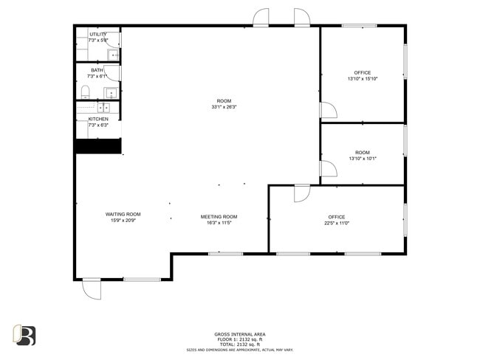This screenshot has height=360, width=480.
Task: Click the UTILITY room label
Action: [98, 34]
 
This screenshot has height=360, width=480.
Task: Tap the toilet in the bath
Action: [85, 92]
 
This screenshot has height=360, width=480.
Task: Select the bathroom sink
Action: [111, 93]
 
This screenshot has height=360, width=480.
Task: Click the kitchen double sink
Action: [103, 108]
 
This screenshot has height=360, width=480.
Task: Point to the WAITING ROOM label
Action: [123, 215]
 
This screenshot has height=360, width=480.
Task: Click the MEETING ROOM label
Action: [219, 217]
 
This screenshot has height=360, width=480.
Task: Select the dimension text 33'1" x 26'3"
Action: [224, 107]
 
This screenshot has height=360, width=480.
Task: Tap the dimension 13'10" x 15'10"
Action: [363, 79]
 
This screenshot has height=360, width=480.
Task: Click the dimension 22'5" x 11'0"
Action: [337, 223]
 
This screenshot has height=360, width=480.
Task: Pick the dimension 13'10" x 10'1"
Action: [363, 159]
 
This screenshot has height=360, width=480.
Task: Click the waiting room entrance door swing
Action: [92, 289]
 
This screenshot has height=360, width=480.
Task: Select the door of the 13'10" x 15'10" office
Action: [328, 110]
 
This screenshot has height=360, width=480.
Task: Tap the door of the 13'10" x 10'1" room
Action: [328, 169]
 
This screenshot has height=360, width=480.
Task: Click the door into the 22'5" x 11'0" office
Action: [302, 193]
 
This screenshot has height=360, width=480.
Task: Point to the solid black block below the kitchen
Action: [98, 146]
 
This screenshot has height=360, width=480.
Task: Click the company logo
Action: [24, 335]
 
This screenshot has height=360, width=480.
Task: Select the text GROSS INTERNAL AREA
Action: [240, 334]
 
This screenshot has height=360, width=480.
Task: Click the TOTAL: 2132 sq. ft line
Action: [240, 344]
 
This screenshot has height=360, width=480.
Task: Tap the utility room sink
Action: [113, 55]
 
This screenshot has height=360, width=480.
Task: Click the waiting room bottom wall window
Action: [143, 280]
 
